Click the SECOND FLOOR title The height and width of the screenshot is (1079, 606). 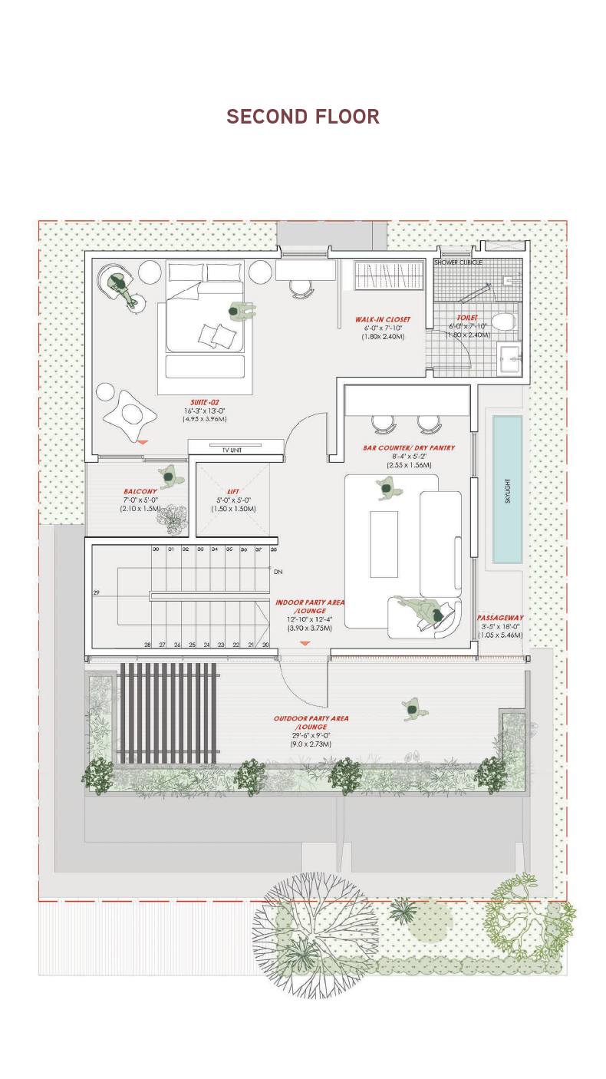point(303,117)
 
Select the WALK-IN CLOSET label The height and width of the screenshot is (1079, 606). point(382,319)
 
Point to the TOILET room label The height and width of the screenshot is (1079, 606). point(467,318)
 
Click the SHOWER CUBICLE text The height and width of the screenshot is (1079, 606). point(458,262)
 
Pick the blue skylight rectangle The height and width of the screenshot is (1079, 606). point(507,489)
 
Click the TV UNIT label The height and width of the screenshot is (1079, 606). point(231,450)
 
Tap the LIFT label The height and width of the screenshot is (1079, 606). point(233,492)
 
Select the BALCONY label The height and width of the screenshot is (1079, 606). point(140,492)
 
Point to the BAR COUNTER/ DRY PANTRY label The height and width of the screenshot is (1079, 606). point(409,447)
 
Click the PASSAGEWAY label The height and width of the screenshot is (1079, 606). point(500,618)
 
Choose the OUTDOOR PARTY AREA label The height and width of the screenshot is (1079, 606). point(311,719)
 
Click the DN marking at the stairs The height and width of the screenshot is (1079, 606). point(278,572)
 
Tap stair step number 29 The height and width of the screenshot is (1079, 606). point(97,593)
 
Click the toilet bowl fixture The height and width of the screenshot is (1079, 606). point(503,322)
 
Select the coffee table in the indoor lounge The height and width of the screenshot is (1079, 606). point(384,544)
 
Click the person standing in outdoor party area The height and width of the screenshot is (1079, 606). point(413,709)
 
